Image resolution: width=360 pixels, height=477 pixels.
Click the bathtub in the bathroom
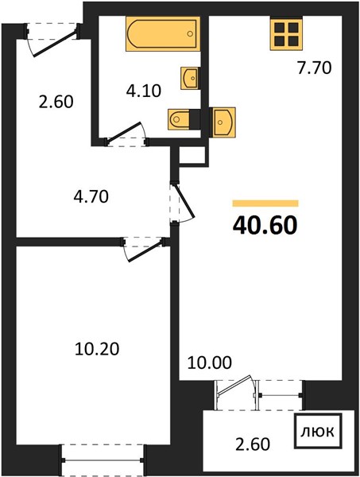163,33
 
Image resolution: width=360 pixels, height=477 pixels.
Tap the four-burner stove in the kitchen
287,33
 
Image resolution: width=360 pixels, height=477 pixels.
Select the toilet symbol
179,119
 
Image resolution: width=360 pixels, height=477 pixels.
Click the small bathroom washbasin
190,78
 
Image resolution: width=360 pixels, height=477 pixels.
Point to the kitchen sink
224,122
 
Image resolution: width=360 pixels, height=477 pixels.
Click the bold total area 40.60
265,226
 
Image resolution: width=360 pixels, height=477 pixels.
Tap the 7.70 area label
314,68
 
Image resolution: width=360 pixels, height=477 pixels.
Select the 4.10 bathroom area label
144,91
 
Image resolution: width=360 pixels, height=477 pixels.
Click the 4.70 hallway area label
91,196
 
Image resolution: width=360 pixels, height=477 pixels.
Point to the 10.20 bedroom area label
97,349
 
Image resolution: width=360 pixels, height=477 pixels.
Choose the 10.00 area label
210,363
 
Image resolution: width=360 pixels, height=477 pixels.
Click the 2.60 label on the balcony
253,444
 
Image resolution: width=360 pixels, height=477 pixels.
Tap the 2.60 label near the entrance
56,102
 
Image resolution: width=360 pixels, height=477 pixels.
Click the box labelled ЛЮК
318,431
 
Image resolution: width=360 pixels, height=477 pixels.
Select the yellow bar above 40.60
265,204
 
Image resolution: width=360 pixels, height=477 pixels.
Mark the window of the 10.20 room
103,460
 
